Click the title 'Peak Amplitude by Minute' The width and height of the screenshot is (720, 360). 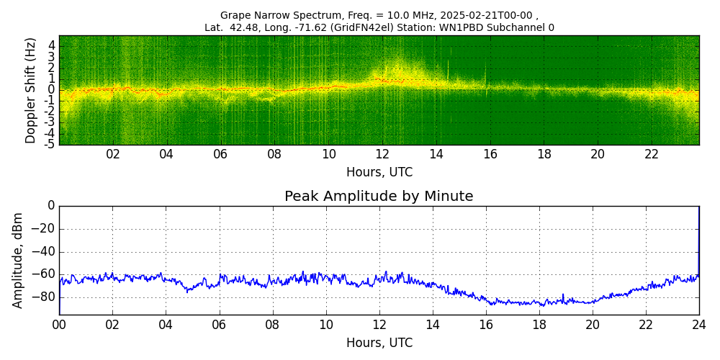tap(379, 197)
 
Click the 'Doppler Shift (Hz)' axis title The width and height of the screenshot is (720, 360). tap(31, 90)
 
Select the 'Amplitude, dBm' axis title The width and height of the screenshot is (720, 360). tap(19, 260)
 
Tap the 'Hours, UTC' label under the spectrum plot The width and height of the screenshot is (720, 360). tap(379, 173)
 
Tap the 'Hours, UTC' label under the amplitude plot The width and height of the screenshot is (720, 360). tap(379, 343)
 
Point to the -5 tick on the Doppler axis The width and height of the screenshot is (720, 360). tap(50, 144)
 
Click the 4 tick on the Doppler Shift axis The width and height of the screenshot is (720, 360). tap(52, 45)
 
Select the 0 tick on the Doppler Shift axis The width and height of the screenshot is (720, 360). tap(52, 90)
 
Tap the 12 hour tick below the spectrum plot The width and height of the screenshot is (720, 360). tap(382, 155)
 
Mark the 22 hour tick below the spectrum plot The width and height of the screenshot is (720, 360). tap(652, 155)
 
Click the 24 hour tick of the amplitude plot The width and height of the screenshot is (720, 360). tap(699, 325)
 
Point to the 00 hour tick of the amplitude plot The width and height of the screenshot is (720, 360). tap(59, 325)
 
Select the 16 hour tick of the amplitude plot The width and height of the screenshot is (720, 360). tap(486, 325)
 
